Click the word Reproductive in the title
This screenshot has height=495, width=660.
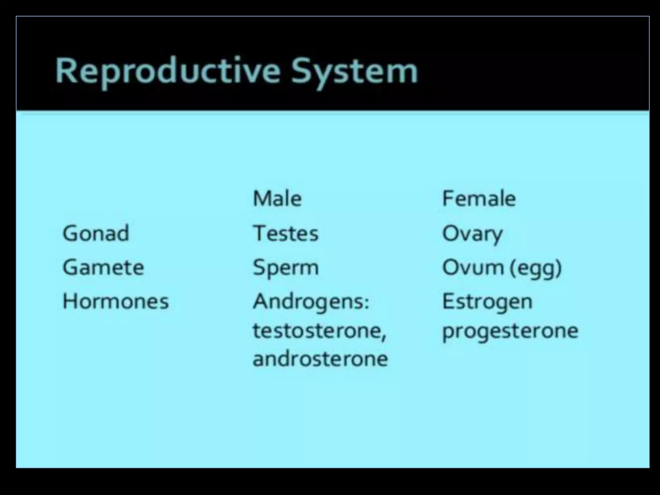(168, 72)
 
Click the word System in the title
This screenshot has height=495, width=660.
(354, 72)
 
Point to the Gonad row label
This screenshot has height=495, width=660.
(96, 233)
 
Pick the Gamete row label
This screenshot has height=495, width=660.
(103, 267)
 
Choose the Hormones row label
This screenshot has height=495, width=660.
(115, 302)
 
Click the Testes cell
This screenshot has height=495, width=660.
(286, 233)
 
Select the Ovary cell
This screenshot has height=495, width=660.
(472, 234)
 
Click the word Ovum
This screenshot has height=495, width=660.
(472, 267)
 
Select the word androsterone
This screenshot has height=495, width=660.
(320, 359)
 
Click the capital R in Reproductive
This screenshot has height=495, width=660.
(66, 71)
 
